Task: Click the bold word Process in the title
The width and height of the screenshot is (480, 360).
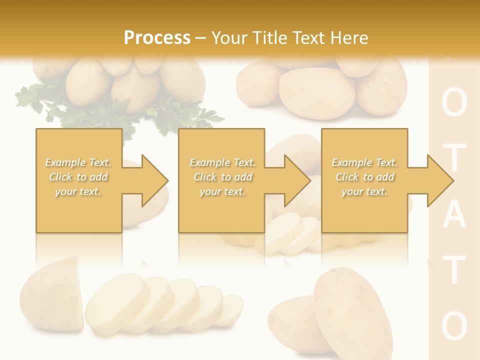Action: point(157,38)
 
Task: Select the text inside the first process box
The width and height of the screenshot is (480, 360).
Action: point(78,177)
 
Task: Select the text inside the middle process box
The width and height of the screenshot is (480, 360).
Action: point(222,177)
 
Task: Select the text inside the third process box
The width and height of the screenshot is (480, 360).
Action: point(364,177)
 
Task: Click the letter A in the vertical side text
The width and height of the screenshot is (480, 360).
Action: point(454,216)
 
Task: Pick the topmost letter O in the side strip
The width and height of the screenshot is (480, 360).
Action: point(454,103)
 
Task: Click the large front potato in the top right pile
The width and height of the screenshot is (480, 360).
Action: point(317,92)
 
